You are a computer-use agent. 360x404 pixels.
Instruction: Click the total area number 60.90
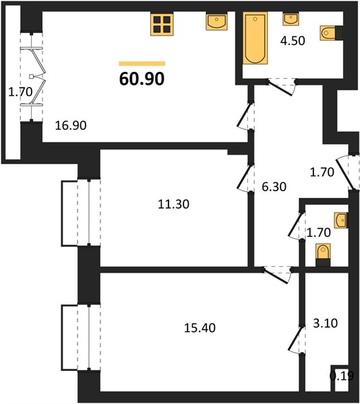pyautogui.click(x=142, y=78)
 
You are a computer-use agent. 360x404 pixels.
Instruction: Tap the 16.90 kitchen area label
pyautogui.click(x=71, y=125)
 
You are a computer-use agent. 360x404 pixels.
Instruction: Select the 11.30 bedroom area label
pyautogui.click(x=173, y=204)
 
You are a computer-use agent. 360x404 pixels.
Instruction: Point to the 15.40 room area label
pyautogui.click(x=200, y=328)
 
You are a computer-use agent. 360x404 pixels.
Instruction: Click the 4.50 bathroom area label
pyautogui.click(x=293, y=40)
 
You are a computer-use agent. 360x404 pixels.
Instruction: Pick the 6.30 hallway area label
pyautogui.click(x=274, y=187)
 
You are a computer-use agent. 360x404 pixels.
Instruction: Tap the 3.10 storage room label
pyautogui.click(x=325, y=323)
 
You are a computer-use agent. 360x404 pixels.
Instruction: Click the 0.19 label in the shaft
pyautogui.click(x=342, y=376)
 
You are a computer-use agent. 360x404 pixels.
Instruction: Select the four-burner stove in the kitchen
pyautogui.click(x=162, y=24)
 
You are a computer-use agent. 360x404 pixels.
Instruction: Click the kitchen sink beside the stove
pyautogui.click(x=216, y=22)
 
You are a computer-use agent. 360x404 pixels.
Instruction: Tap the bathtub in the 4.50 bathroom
pyautogui.click(x=256, y=38)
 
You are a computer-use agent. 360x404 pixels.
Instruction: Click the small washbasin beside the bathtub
pyautogui.click(x=291, y=19)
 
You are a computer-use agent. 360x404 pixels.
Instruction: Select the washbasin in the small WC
pyautogui.click(x=341, y=220)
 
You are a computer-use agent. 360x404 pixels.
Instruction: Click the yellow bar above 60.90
pyautogui.click(x=142, y=64)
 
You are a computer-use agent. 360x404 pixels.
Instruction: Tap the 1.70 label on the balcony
pyautogui.click(x=20, y=92)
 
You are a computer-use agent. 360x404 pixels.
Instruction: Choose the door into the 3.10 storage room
pyautogui.click(x=297, y=340)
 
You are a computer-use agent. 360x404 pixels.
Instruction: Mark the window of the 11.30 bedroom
pyautogui.click(x=89, y=213)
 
